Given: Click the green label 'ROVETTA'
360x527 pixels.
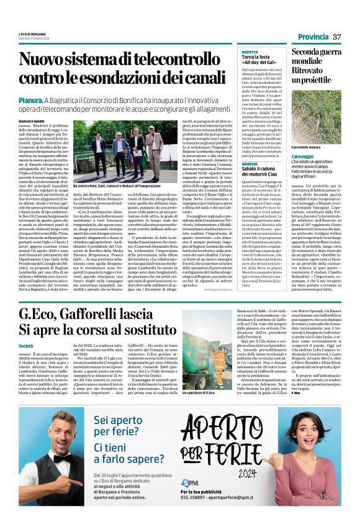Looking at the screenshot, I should pyautogui.click(x=250, y=53).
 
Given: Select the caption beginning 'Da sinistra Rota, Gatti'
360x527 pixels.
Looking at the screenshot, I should pyautogui.click(x=115, y=185).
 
